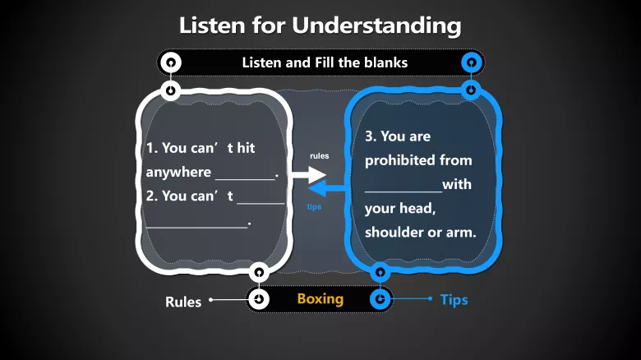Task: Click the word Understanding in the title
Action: tap(376, 25)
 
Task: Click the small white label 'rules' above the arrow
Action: tap(320, 155)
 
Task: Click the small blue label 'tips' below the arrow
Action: tap(314, 207)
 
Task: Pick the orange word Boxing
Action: tap(320, 298)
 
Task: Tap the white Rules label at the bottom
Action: tap(183, 302)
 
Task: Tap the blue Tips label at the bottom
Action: tap(454, 299)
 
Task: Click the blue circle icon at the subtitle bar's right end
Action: tap(471, 62)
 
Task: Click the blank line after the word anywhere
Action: tap(245, 176)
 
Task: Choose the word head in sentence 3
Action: tap(419, 208)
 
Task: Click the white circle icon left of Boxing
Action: tap(259, 299)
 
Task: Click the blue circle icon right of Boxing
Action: tap(380, 299)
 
